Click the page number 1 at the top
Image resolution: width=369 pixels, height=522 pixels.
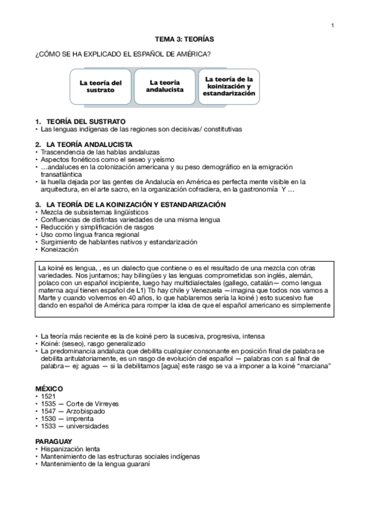tap(332, 25)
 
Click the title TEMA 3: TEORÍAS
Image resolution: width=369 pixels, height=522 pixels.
tap(184, 39)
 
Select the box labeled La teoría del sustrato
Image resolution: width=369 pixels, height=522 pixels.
tap(100, 86)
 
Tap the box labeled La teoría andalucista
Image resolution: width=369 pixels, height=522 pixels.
tap(164, 86)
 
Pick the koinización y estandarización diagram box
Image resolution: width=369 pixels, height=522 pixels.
tap(229, 86)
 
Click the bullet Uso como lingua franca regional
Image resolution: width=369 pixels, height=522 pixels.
tap(89, 235)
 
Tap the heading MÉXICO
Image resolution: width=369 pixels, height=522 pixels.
tap(49, 390)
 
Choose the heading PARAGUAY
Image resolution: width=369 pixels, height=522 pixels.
tap(54, 441)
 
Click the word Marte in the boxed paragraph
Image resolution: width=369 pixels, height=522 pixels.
tap(47, 298)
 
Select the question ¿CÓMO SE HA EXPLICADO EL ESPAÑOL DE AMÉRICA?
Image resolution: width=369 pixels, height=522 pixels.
tap(124, 54)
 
